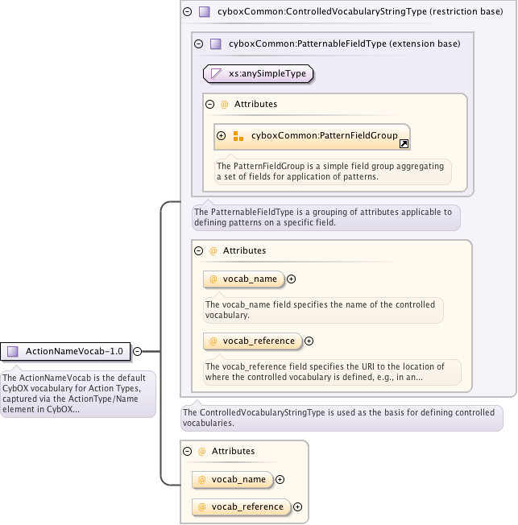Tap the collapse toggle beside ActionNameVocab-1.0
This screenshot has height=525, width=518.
(x=137, y=351)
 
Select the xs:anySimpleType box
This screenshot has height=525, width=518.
(x=258, y=73)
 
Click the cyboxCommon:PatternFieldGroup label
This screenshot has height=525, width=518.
(x=324, y=136)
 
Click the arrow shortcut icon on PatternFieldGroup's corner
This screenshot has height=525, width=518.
(x=404, y=143)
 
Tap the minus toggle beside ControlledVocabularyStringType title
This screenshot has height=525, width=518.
(x=187, y=11)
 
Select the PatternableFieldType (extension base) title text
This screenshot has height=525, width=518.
(x=344, y=43)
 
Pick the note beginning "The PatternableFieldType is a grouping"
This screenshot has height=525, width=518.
(x=325, y=217)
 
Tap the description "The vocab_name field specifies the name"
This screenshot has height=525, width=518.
(x=321, y=310)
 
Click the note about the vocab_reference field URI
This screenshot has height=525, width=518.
(x=331, y=371)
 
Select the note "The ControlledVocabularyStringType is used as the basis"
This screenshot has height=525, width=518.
(x=342, y=417)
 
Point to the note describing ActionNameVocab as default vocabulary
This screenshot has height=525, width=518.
(x=77, y=393)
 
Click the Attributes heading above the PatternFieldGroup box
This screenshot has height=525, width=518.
(x=255, y=104)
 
